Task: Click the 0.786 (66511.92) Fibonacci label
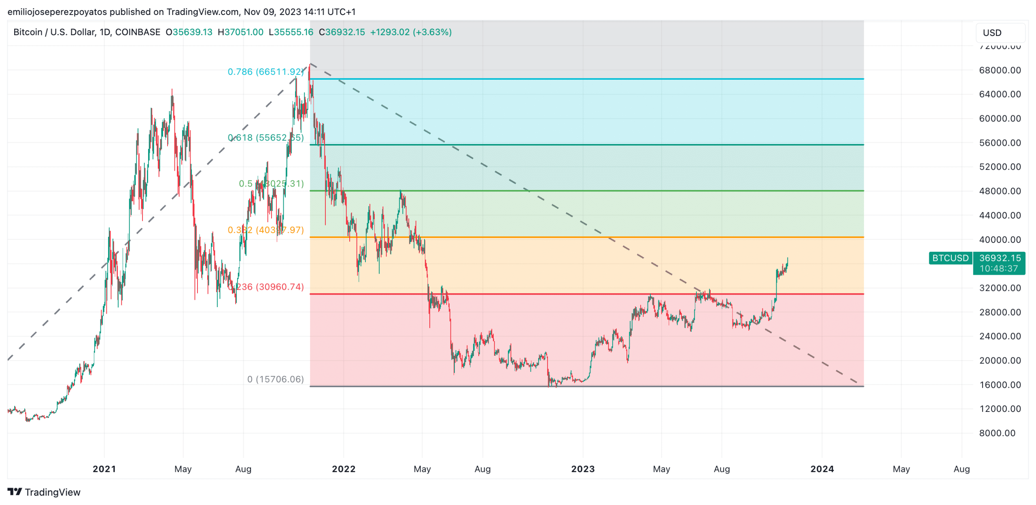[x=265, y=72]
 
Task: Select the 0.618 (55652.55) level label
[x=265, y=138]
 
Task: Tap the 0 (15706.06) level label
[x=275, y=379]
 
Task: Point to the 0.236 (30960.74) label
[x=269, y=287]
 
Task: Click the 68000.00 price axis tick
[x=1000, y=70]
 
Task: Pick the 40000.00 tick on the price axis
[x=1000, y=240]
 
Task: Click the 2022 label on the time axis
[x=344, y=469]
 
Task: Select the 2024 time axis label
[x=822, y=469]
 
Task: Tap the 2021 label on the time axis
[x=104, y=469]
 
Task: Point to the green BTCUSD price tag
[x=950, y=258]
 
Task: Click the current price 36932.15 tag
[x=1000, y=258]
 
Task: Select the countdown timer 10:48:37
[x=998, y=269]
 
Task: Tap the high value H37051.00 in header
[x=240, y=32]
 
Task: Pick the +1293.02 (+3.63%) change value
[x=411, y=32]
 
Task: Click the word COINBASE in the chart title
[x=138, y=32]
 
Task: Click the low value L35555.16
[x=291, y=32]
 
